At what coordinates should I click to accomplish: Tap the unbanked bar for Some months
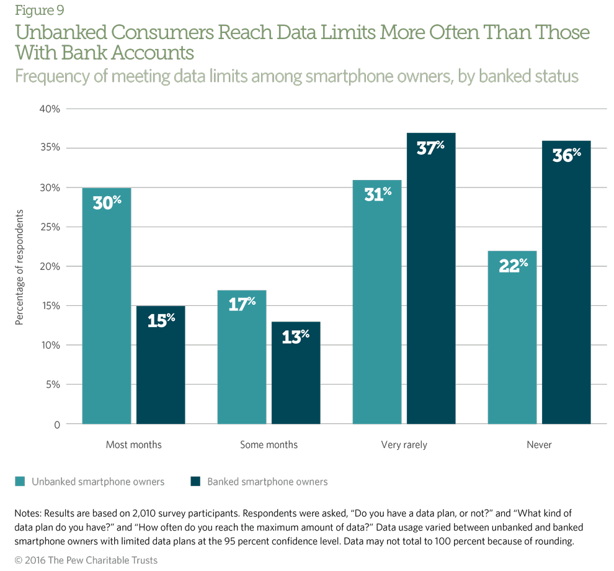241,357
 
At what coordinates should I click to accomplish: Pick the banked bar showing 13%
296,373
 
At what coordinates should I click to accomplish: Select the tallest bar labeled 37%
431,279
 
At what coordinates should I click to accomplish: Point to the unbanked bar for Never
512,338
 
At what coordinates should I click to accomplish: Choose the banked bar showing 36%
566,282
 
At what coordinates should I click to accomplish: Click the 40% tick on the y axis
50,109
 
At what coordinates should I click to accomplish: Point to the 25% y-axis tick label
50,227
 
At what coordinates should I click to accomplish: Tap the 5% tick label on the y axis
52,385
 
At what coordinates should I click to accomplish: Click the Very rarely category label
404,445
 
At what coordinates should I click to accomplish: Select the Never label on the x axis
539,445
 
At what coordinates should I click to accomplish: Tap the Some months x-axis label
269,445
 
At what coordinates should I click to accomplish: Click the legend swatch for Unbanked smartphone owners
20,482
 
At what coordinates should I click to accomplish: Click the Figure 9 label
39,10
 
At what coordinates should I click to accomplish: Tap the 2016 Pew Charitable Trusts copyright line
86,560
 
